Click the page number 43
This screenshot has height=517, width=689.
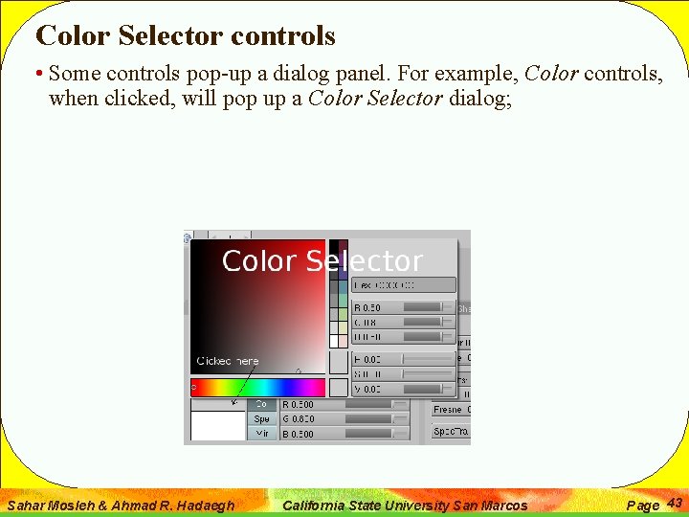click(x=674, y=503)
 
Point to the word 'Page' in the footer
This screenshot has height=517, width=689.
click(x=642, y=505)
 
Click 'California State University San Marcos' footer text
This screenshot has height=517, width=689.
click(x=406, y=505)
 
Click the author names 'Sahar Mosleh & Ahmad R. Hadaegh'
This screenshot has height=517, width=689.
click(x=121, y=505)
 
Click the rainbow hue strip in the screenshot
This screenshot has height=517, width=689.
click(x=258, y=387)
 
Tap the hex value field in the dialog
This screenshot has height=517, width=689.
click(x=403, y=285)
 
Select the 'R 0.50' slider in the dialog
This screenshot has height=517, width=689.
click(x=403, y=307)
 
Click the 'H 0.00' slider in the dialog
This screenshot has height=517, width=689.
click(x=403, y=359)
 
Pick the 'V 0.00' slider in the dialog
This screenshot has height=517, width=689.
click(x=403, y=389)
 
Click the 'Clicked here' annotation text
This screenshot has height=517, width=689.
click(x=227, y=361)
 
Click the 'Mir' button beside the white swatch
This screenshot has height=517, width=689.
click(x=261, y=434)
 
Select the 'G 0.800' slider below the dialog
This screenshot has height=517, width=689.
click(x=343, y=419)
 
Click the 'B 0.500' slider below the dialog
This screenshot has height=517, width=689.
click(x=343, y=434)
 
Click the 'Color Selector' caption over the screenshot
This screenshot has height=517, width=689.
click(x=322, y=261)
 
